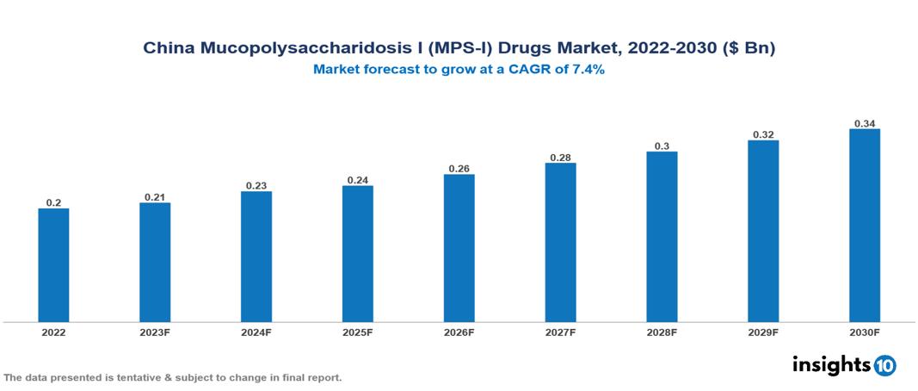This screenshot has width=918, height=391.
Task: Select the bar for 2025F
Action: point(357,254)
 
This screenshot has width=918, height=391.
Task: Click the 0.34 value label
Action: point(865,123)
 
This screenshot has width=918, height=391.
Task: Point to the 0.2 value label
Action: point(53,202)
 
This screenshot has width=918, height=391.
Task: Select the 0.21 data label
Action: point(155,197)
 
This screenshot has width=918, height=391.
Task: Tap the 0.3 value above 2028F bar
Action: point(662,146)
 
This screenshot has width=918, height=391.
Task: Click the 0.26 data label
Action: point(459,169)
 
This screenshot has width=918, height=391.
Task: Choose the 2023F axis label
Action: point(155,332)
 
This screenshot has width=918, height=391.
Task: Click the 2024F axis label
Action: point(256,332)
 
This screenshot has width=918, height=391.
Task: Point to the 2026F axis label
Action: point(459,332)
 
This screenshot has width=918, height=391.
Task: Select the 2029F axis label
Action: point(763,332)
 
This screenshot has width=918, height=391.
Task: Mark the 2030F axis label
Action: point(865,332)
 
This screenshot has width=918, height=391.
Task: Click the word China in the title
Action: point(169,49)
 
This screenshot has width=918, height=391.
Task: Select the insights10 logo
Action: point(843,365)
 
